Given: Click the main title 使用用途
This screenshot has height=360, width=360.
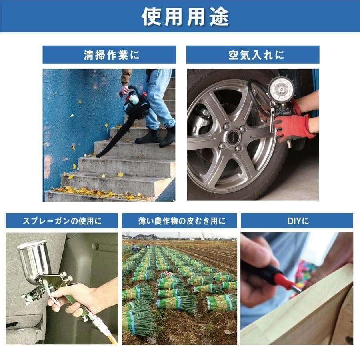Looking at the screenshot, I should click(x=180, y=16).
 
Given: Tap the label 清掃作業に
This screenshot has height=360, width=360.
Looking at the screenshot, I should click(x=109, y=55).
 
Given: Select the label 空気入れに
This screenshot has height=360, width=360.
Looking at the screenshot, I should click(x=253, y=55).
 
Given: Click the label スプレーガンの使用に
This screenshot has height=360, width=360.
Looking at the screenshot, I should click(x=62, y=220).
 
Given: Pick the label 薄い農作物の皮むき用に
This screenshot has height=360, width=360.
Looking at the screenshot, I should click(x=179, y=220).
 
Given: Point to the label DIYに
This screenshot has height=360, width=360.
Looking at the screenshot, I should click(x=297, y=220).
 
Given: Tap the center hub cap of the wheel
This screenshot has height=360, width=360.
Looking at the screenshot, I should click(x=233, y=138).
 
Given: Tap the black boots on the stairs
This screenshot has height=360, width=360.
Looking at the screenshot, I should click(x=156, y=136).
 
